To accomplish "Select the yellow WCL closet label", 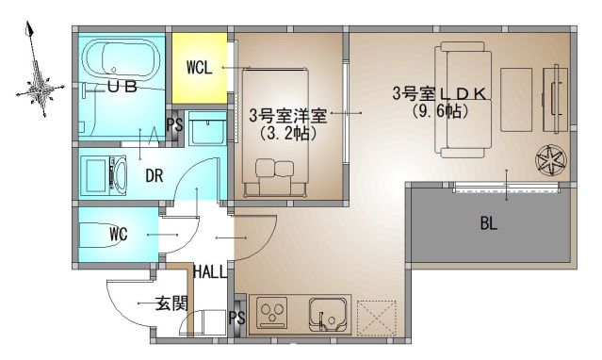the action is point(199,68).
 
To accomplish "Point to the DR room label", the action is point(154,176).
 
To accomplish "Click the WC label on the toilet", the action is point(118,234).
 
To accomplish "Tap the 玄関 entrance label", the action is point(171,303).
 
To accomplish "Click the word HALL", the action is point(210,272).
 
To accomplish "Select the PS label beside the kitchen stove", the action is point(236,318).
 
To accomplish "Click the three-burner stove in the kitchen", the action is point(272,312).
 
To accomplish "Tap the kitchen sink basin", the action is point(328,313).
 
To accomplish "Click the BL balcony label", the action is point(488,223).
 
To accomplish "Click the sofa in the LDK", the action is point(464,100).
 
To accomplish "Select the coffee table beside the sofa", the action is point(516,100).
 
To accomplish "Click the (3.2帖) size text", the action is point(287,133).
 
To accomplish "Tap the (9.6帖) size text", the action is point(440,111).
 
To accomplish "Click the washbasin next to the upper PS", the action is point(207,128).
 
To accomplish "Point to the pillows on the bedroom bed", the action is point(274,168).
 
